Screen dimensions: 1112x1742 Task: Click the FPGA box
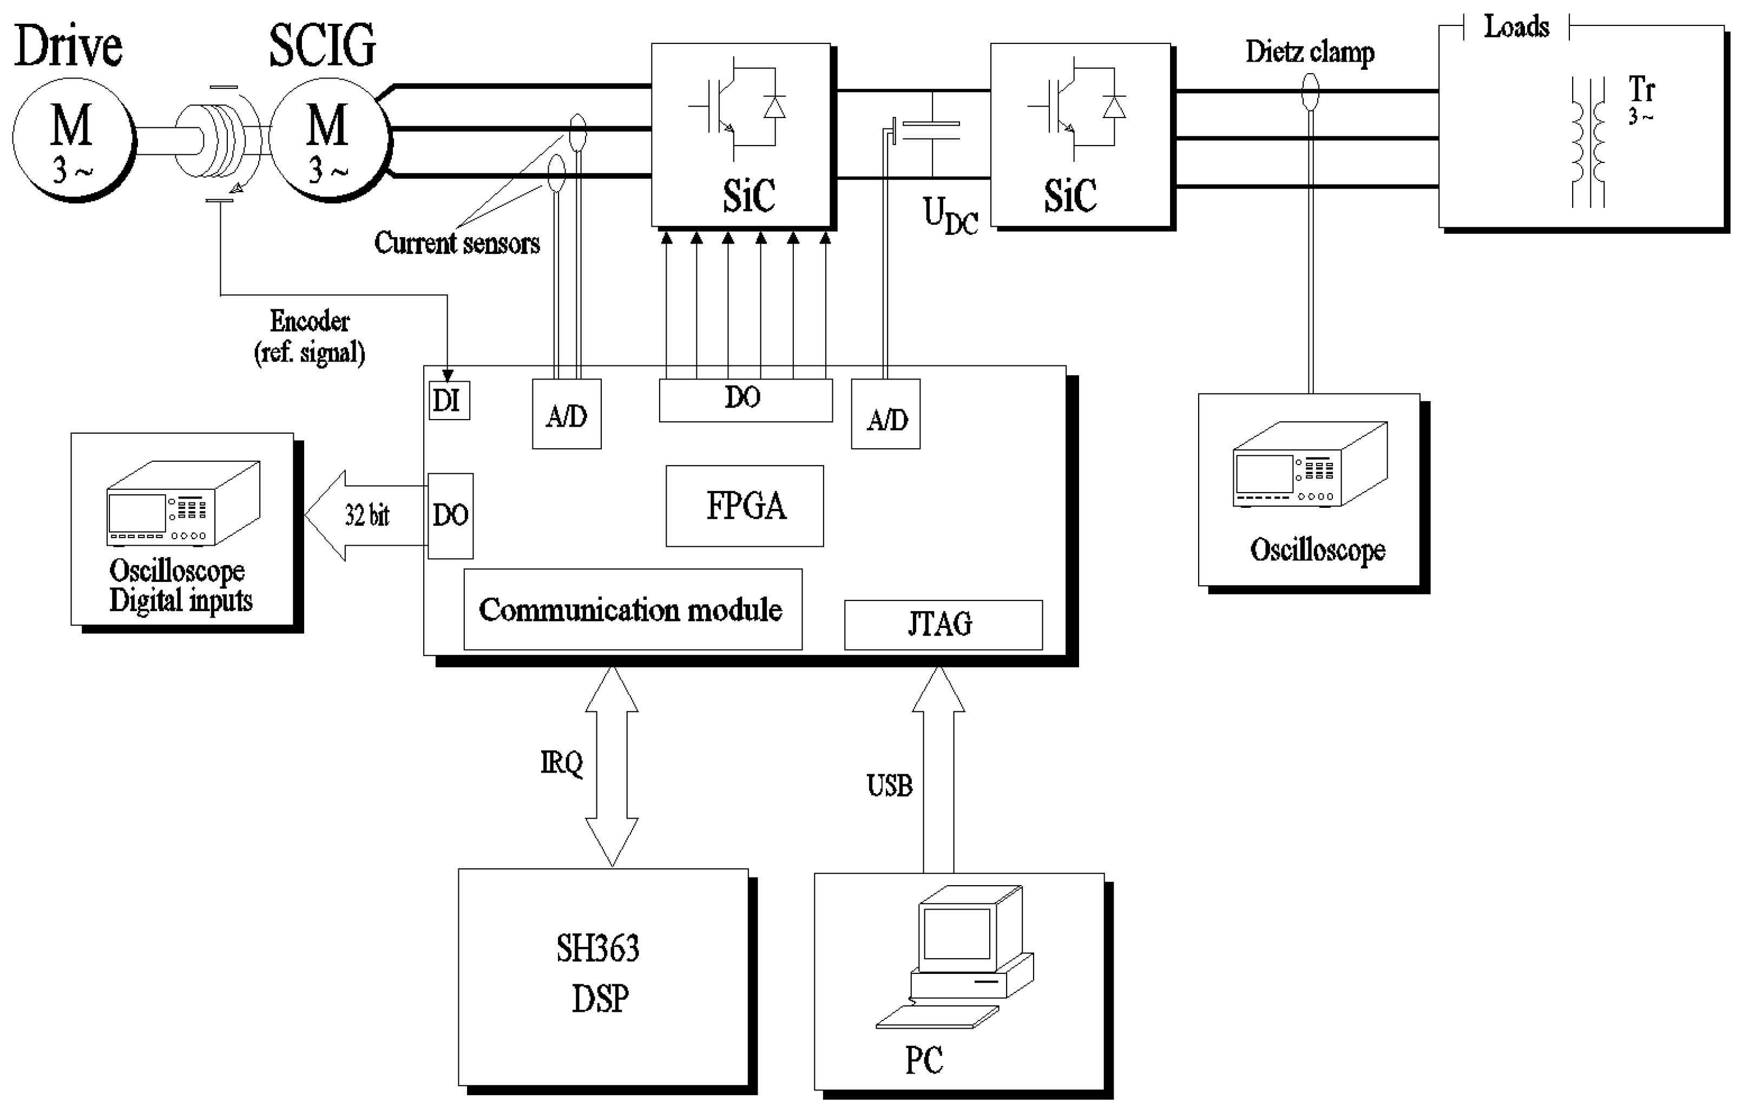point(745,506)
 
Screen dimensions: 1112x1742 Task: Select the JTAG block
point(943,624)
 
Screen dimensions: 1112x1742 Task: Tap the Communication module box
point(632,609)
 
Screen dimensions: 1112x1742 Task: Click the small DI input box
point(449,400)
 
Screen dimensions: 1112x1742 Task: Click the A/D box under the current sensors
point(567,414)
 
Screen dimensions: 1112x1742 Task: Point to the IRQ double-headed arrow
point(612,766)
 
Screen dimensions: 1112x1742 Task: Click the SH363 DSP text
point(599,973)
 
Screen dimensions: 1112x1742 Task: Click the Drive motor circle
point(73,139)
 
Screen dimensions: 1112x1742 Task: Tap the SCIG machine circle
point(329,139)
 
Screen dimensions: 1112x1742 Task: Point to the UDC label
point(950,215)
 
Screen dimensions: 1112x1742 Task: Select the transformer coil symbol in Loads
point(1588,142)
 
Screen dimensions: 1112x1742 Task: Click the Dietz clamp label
point(1310,52)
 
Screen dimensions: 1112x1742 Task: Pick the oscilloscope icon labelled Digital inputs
point(182,503)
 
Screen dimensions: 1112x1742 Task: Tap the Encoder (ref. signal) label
point(310,336)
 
